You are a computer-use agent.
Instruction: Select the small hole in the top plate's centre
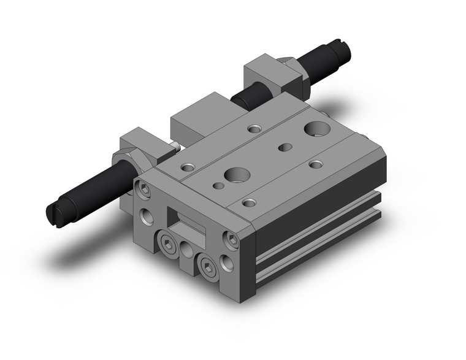click(x=284, y=147)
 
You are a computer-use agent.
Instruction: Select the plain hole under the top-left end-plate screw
click(x=147, y=215)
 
